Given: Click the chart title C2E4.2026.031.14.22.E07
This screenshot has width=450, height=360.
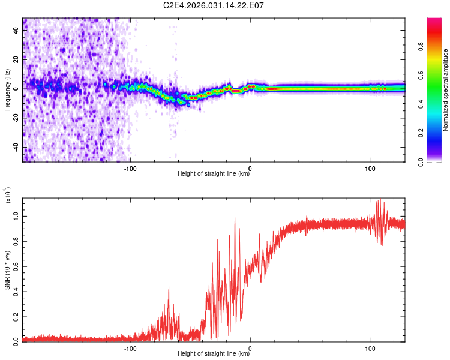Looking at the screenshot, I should point(214,6).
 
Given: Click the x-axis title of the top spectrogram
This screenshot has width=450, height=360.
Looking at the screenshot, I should point(214,173).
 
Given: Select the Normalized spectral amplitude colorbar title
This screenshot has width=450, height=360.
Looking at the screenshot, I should point(446,90).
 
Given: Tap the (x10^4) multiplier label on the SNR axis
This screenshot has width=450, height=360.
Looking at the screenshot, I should point(8,196).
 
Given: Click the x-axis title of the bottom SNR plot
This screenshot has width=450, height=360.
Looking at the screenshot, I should point(214,353).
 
